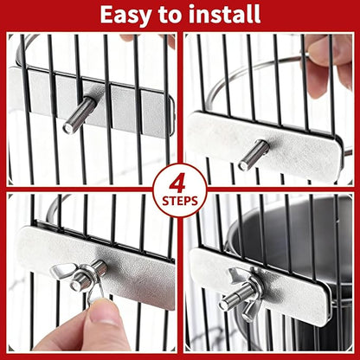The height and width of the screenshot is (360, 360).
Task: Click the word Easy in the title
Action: click(129, 14)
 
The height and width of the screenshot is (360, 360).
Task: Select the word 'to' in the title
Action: click(173, 14)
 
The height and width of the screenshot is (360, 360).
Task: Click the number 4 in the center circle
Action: click(179, 182)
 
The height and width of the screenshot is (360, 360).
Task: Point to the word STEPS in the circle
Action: click(179, 201)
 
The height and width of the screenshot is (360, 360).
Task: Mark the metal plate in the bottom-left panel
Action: click(130, 264)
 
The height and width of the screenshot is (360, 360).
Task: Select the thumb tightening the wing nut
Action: click(104, 316)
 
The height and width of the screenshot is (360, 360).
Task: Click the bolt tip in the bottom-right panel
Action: click(227, 303)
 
